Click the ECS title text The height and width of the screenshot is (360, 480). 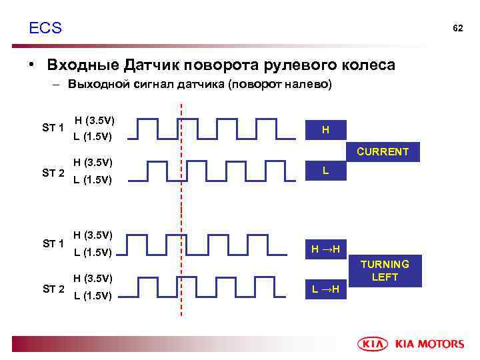45,28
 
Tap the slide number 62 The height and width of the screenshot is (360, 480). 457,29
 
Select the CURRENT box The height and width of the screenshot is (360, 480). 383,151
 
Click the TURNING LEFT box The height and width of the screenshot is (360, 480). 385,271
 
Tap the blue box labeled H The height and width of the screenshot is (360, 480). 325,129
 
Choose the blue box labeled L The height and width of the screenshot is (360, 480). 325,171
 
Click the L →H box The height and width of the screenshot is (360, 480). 325,289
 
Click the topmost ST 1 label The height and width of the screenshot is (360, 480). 53,128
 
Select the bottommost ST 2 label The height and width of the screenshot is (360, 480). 53,289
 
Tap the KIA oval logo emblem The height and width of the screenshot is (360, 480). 374,344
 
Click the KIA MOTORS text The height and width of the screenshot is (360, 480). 430,344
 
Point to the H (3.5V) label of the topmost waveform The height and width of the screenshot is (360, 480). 95,121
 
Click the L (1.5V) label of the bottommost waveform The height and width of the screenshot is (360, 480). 93,295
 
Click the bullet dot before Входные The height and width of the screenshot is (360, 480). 31,65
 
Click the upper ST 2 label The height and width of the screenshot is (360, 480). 53,173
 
